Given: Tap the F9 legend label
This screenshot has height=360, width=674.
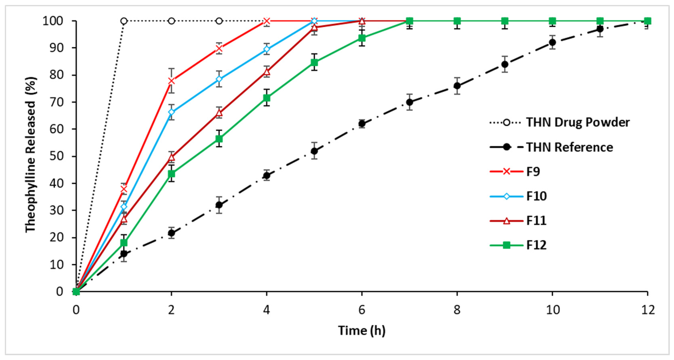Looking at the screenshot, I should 533,172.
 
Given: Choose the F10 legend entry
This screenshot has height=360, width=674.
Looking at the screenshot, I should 536,196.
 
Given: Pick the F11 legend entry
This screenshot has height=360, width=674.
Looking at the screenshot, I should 536,221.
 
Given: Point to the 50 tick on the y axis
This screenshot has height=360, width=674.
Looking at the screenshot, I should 56,156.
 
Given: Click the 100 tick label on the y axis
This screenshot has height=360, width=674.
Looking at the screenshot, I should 53,21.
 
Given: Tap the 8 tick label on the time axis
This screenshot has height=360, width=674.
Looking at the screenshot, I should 457,310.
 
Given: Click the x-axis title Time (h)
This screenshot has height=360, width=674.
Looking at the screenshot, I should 362,330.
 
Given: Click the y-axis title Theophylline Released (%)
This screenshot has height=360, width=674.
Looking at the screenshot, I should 31,154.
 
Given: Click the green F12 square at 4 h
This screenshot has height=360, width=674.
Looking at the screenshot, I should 267,98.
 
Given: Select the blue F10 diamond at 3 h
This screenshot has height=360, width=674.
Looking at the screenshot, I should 219,79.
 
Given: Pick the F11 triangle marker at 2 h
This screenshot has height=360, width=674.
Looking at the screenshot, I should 171,157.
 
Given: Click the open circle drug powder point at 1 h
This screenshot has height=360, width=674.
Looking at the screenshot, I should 124,21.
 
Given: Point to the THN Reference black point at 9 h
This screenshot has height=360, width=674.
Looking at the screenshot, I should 505,64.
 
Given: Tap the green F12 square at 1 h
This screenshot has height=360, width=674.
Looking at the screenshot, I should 124,243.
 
